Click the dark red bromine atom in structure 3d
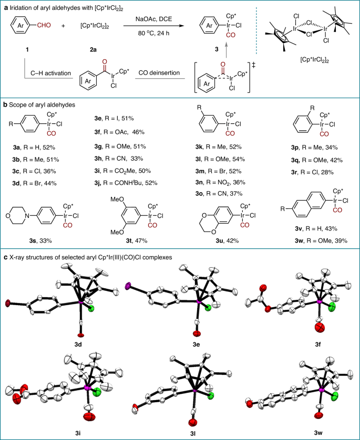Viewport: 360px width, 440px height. (x=7, y=303)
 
